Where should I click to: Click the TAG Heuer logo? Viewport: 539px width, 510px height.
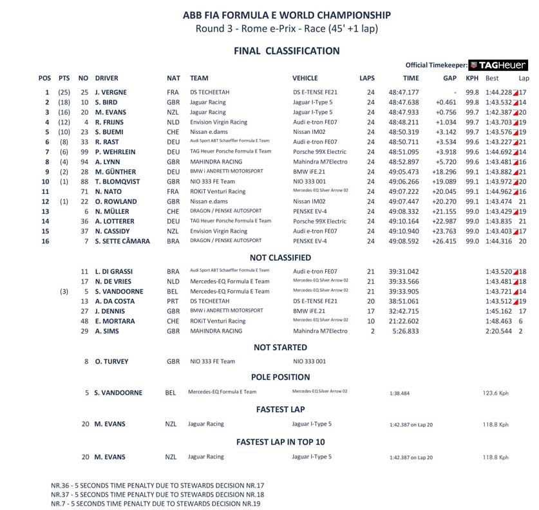pyautogui.click(x=498, y=65)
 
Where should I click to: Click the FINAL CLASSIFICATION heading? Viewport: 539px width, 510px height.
pyautogui.click(x=287, y=51)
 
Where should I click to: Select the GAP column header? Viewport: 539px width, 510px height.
pyautogui.click(x=449, y=79)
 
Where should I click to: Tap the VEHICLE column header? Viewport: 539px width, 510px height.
pyautogui.click(x=305, y=79)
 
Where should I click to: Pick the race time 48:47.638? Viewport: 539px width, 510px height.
pyautogui.click(x=404, y=102)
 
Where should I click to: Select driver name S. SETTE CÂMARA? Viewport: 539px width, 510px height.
pyautogui.click(x=122, y=241)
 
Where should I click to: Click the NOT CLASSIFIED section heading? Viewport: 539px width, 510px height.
pyautogui.click(x=280, y=258)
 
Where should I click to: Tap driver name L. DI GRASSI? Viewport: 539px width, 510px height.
pyautogui.click(x=114, y=272)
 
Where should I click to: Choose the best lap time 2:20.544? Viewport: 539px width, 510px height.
pyautogui.click(x=499, y=331)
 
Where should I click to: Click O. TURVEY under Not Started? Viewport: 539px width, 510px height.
pyautogui.click(x=111, y=362)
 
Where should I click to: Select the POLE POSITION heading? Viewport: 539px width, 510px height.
pyautogui.click(x=280, y=377)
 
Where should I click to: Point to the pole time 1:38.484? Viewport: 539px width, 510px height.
pyautogui.click(x=400, y=393)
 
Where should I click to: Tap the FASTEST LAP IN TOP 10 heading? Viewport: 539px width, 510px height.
pyautogui.click(x=280, y=442)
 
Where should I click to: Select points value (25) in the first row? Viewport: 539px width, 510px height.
pyautogui.click(x=64, y=93)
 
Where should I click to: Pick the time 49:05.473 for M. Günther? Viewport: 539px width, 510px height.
pyautogui.click(x=404, y=172)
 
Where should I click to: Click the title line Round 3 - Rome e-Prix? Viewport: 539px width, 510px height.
pyautogui.click(x=287, y=28)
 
